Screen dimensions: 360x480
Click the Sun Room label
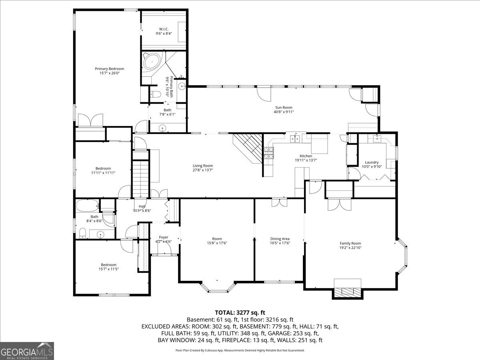(x=284, y=107)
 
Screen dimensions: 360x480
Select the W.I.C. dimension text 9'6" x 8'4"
(x=164, y=34)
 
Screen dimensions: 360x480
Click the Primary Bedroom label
(x=109, y=68)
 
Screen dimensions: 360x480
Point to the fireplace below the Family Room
(x=348, y=292)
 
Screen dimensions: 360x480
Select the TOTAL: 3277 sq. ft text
(x=240, y=312)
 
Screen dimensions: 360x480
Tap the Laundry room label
(x=372, y=162)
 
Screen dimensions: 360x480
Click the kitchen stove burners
(x=268, y=153)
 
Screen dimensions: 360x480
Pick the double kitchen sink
(x=296, y=138)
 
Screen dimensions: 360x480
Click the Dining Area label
(x=280, y=238)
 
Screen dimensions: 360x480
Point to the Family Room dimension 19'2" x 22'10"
(x=350, y=248)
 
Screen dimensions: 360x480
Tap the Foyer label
(x=163, y=237)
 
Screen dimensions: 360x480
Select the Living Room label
(x=203, y=166)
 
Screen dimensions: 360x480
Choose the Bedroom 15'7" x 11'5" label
(x=108, y=264)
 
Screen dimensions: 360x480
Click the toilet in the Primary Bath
(x=155, y=94)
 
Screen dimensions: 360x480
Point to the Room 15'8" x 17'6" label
(x=217, y=238)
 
